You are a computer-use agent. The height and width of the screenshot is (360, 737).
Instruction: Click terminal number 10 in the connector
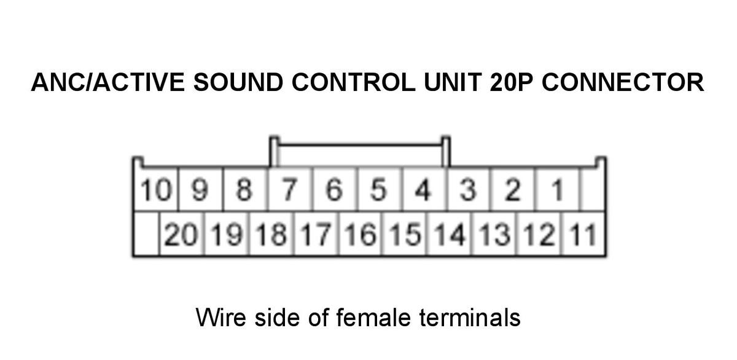[x=156, y=190]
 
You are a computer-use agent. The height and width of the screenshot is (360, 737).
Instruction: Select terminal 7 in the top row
[x=290, y=190]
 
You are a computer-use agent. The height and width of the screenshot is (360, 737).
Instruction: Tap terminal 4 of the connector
[x=424, y=190]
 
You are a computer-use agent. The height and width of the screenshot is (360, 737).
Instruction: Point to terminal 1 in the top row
[x=557, y=190]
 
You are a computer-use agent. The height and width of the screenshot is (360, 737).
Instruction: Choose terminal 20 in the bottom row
[x=182, y=234]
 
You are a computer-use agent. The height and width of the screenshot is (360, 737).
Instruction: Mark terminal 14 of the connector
[x=450, y=234]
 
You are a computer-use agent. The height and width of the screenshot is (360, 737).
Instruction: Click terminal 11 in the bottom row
[x=583, y=234]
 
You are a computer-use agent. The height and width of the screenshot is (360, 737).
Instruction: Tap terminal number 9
[x=200, y=190]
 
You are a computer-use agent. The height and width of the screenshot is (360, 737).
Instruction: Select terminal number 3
[x=468, y=190]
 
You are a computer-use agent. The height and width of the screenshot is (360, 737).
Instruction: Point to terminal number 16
[x=361, y=234]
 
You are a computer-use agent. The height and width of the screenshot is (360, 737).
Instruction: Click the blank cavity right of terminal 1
[x=593, y=190]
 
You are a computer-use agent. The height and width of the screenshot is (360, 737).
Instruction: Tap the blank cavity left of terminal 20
[x=147, y=234]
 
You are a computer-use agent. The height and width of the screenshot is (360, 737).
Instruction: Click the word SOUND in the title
[x=238, y=82]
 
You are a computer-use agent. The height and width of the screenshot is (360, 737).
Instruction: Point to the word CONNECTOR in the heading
[x=623, y=82]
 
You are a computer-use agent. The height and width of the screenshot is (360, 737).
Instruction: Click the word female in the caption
[x=374, y=318]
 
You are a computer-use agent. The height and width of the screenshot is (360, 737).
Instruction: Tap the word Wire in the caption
[x=220, y=318]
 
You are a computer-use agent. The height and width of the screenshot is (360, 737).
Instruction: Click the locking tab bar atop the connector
[x=360, y=144]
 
